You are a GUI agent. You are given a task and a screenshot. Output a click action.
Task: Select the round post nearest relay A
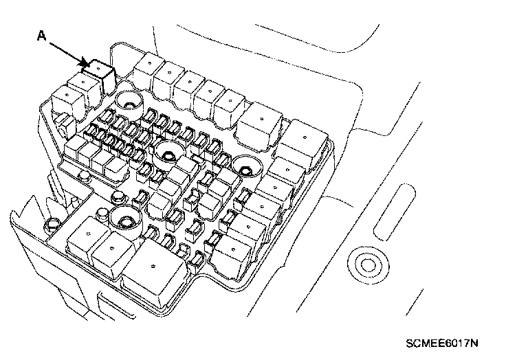(127, 104)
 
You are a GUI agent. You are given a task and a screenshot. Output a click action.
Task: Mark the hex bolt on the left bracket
(51, 226)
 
